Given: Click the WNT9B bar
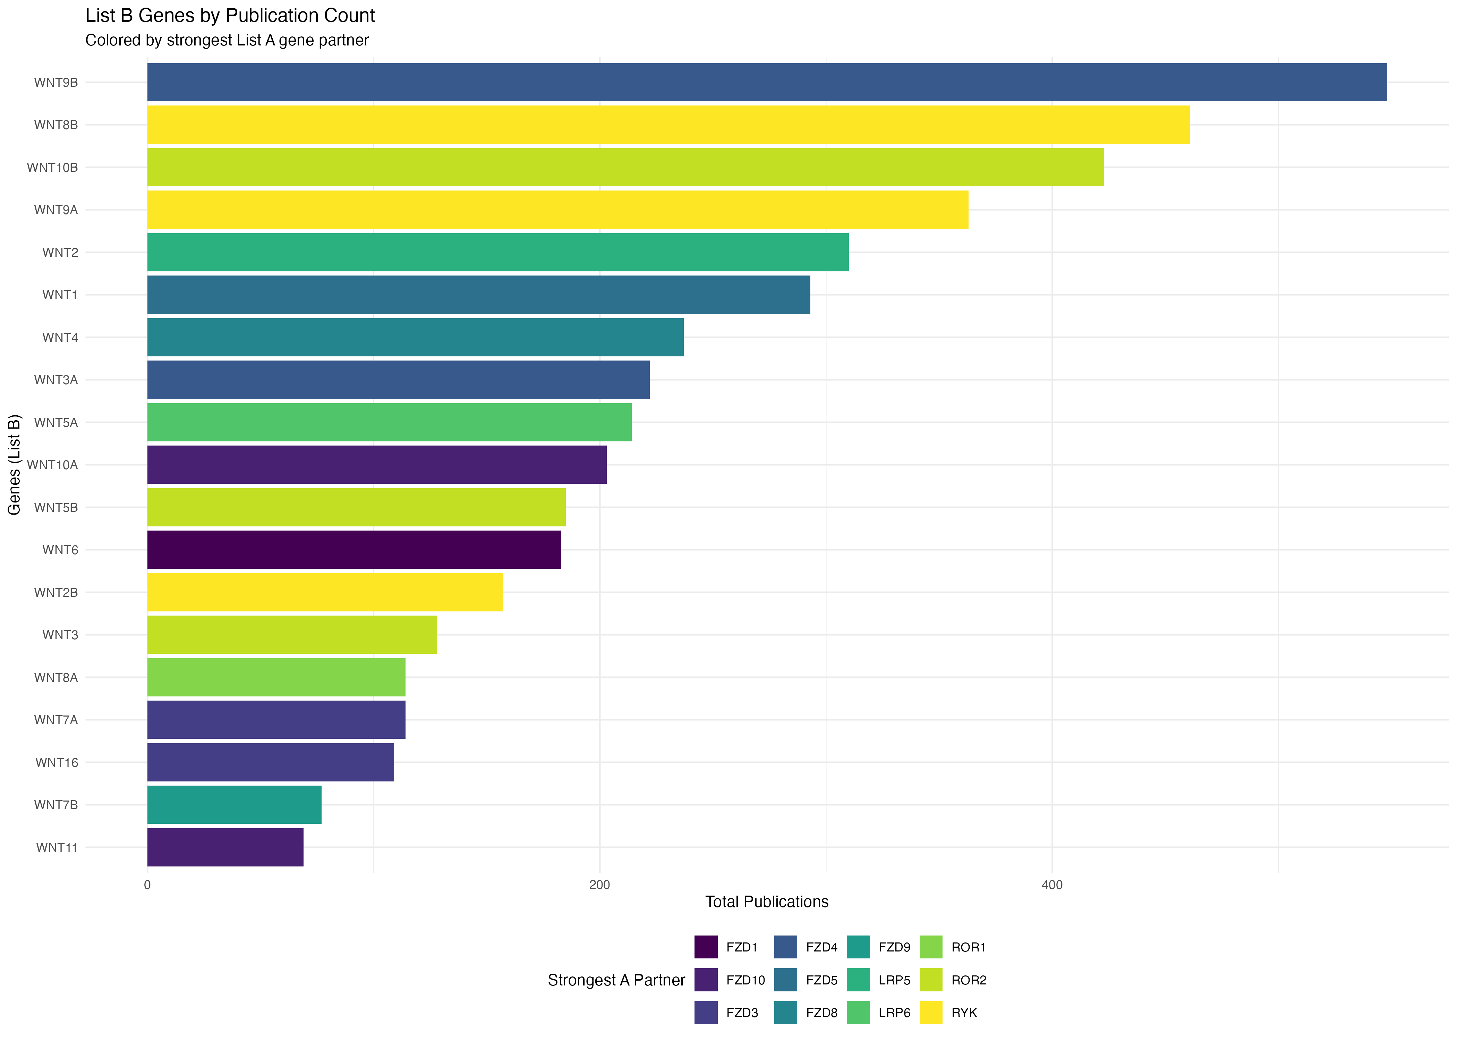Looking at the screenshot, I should tap(766, 82).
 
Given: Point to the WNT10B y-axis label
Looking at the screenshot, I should tap(52, 167).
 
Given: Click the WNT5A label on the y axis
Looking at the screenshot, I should tap(56, 422).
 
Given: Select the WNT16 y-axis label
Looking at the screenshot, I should tap(57, 762).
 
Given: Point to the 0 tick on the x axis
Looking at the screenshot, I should tap(147, 885).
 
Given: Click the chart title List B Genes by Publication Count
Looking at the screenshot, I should tap(230, 15).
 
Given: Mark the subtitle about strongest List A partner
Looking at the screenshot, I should tap(227, 40).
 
